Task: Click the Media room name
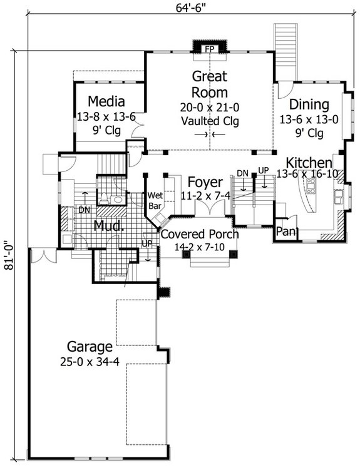click(106, 101)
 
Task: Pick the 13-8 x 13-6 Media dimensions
click(106, 116)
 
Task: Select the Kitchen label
click(305, 162)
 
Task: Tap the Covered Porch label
click(199, 235)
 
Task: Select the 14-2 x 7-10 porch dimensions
click(199, 247)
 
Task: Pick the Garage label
click(91, 346)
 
